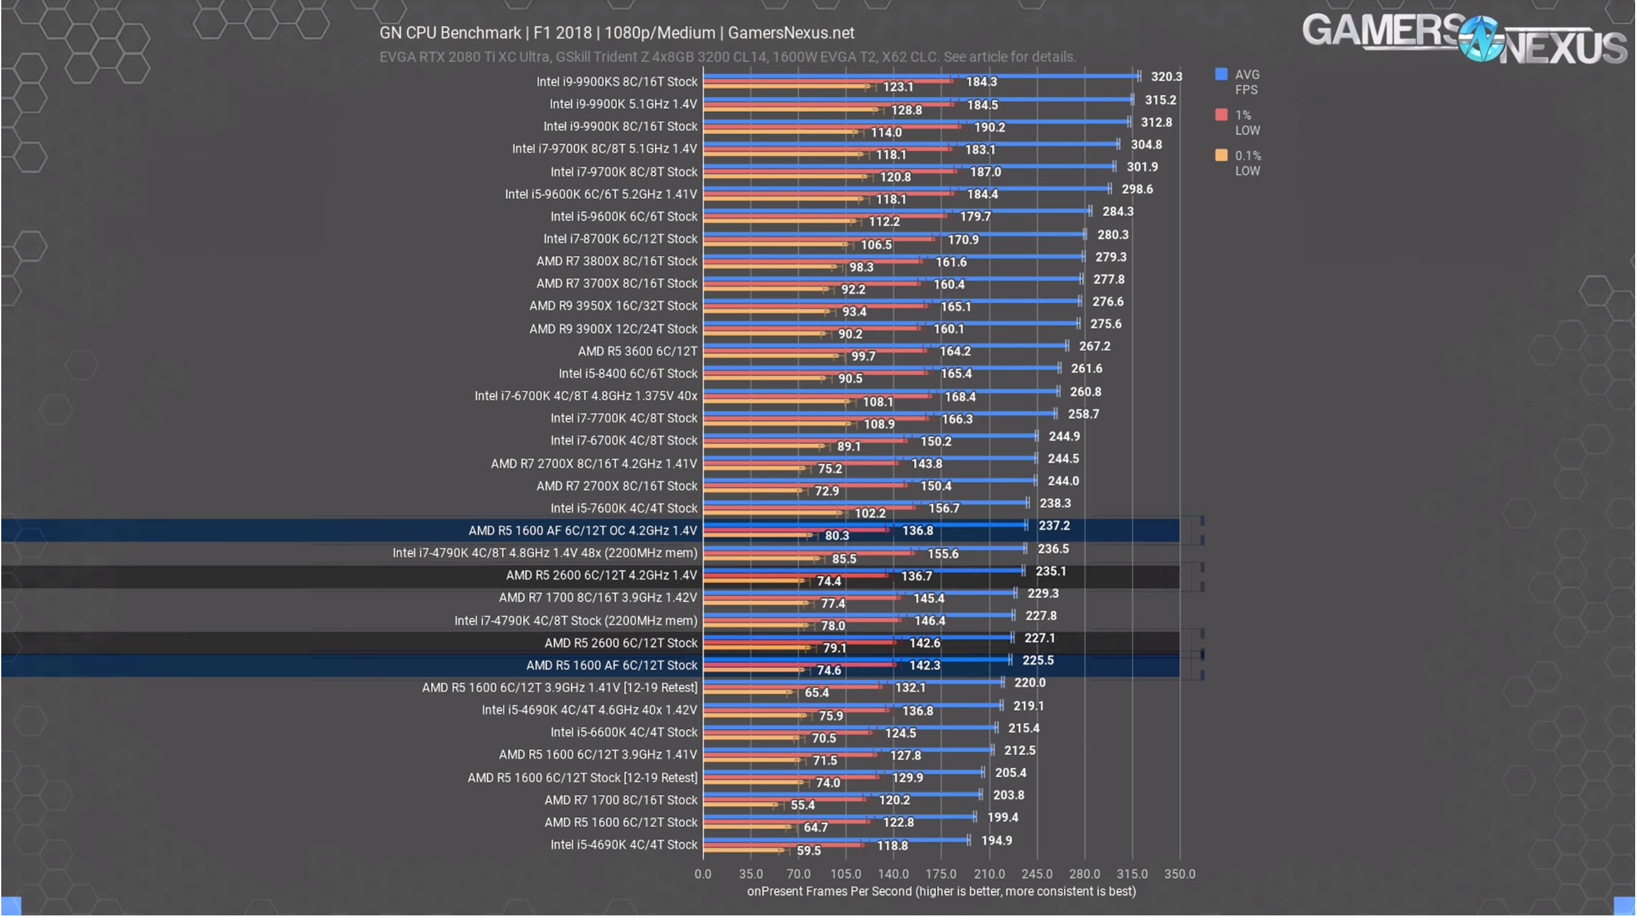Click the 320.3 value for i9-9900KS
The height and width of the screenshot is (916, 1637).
click(x=1166, y=77)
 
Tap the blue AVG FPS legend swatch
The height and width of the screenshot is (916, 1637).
click(x=1221, y=74)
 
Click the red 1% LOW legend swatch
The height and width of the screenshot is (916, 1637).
click(x=1221, y=115)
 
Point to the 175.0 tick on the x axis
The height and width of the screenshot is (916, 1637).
click(x=940, y=874)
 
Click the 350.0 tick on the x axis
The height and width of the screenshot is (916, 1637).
click(x=1179, y=874)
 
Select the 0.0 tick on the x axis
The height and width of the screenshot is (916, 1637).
click(x=702, y=874)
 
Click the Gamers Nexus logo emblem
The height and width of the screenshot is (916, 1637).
click(x=1480, y=39)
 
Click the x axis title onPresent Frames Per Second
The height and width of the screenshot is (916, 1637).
click(x=940, y=891)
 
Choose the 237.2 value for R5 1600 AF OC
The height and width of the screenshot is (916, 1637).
click(x=1054, y=526)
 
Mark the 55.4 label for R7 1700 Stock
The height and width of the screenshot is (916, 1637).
click(x=802, y=805)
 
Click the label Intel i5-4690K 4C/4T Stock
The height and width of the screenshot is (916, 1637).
click(x=624, y=845)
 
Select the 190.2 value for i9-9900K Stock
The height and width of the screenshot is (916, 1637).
click(x=989, y=128)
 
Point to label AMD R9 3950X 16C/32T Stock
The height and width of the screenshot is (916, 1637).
click(x=613, y=306)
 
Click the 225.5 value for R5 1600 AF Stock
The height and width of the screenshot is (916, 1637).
click(x=1037, y=661)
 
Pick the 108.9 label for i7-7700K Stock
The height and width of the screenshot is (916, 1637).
click(x=879, y=424)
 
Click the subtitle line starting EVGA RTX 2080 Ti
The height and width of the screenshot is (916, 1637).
click(x=727, y=57)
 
